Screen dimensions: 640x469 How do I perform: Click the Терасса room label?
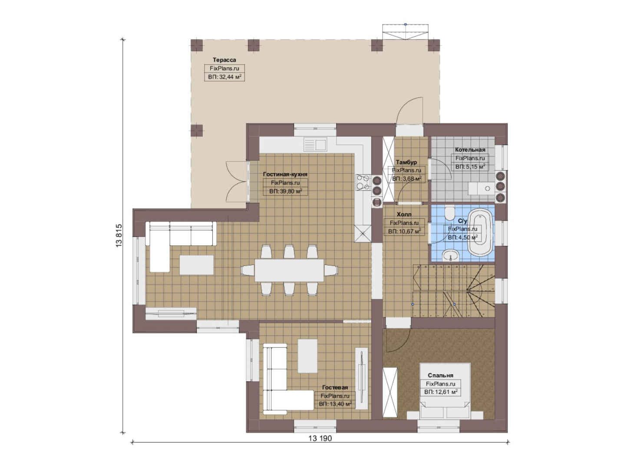(224, 60)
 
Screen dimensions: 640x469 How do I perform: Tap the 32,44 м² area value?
(224, 77)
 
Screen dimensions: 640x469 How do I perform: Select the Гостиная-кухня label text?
(285, 174)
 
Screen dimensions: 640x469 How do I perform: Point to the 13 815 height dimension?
(119, 235)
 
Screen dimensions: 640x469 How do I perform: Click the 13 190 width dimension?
(320, 439)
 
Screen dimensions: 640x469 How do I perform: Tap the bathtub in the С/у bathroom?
(482, 232)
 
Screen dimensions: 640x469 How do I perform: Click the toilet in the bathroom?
(450, 213)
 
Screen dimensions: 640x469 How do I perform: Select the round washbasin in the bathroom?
(451, 255)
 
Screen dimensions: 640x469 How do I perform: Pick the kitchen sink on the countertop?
(315, 144)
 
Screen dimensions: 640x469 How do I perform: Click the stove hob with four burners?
(363, 182)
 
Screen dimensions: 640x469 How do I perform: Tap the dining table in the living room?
(289, 270)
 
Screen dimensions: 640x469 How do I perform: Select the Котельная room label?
(470, 150)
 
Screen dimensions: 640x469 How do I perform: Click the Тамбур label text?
(406, 162)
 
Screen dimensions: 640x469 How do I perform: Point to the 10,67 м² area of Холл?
(405, 231)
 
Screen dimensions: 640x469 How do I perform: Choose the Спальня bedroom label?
(440, 375)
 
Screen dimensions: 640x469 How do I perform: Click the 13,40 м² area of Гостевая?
(335, 404)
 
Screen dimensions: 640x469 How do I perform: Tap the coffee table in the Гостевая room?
(307, 356)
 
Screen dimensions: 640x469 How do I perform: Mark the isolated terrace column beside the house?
(197, 131)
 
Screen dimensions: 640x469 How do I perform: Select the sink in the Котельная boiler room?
(482, 188)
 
